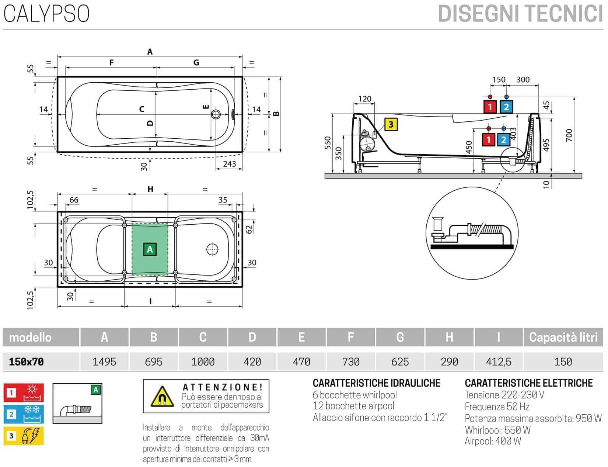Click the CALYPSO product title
46,14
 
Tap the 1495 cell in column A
104,362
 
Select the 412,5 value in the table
499,362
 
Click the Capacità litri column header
563,337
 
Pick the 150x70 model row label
27,362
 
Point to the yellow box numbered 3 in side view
391,124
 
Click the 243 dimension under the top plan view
229,164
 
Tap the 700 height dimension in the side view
569,135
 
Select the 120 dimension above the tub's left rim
364,99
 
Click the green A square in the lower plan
150,249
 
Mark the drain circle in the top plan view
216,114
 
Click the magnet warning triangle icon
162,397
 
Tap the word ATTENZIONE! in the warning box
223,387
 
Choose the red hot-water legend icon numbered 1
24,392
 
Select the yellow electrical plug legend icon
24,436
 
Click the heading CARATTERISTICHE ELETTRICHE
528,383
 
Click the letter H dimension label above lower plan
150,189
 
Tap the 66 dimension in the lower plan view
74,200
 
